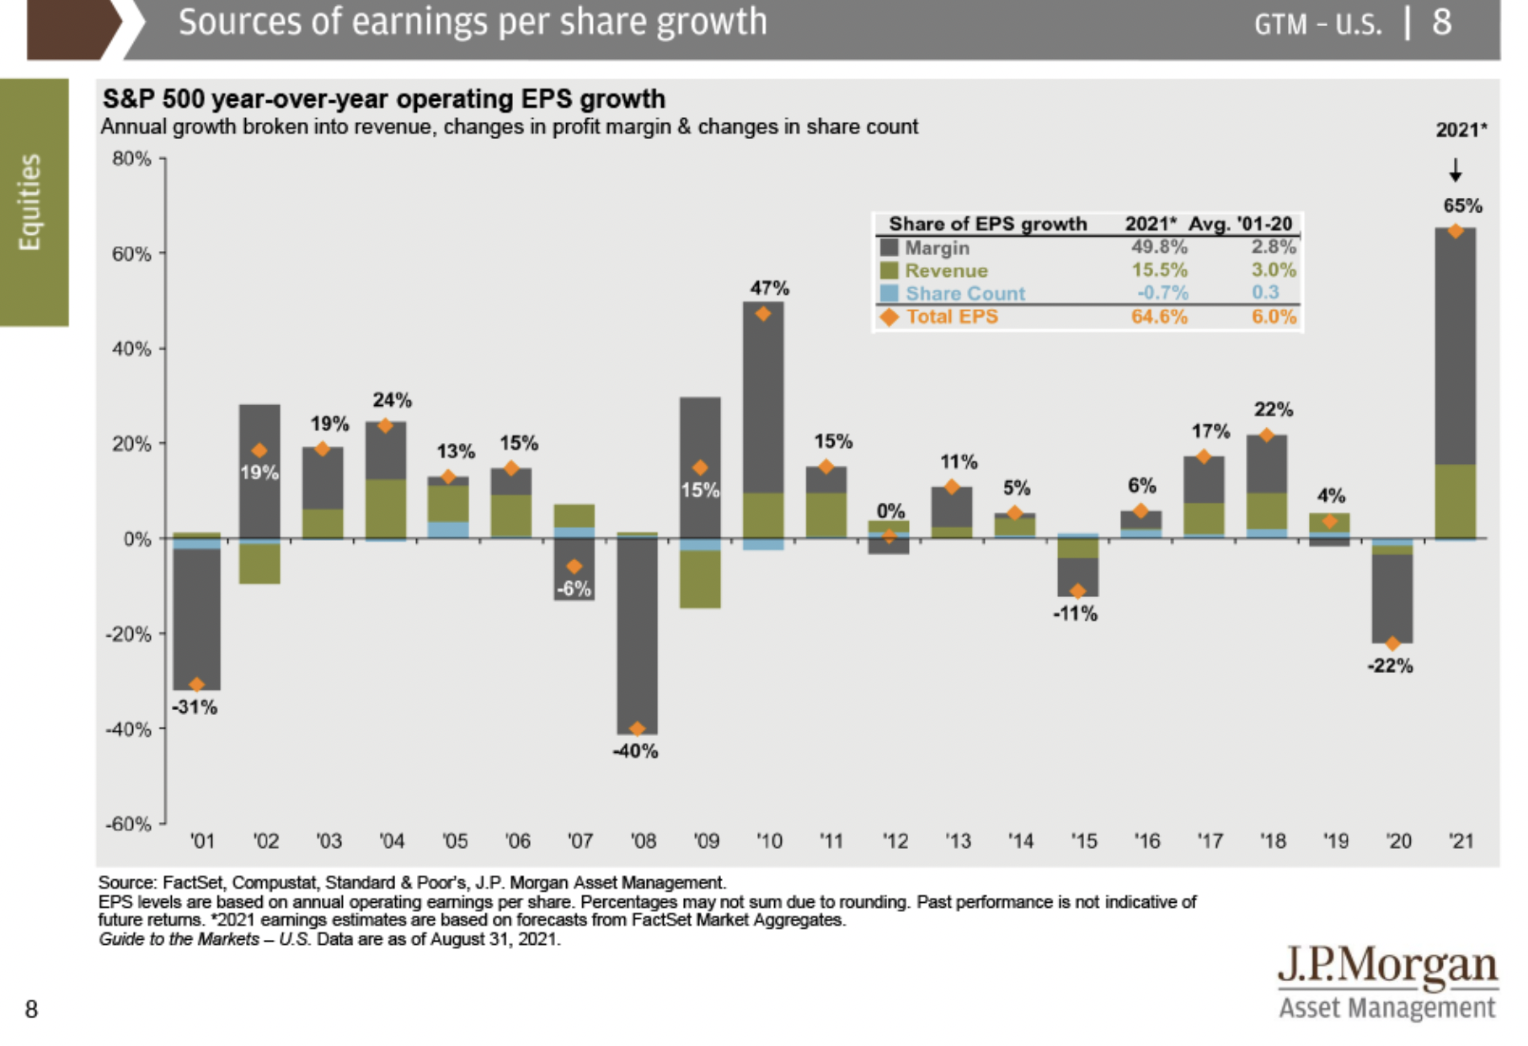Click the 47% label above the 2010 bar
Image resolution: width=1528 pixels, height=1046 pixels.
(770, 288)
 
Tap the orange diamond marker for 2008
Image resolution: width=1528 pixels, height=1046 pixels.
(638, 728)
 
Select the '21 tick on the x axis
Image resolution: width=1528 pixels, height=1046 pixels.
(1461, 841)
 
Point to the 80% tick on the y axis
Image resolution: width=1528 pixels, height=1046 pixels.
(132, 158)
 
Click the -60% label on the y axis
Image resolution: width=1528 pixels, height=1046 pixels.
(129, 824)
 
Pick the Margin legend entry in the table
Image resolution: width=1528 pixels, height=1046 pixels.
(937, 248)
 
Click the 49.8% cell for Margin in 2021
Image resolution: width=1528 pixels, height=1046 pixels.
(1159, 247)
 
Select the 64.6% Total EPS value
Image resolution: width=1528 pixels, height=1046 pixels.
(1159, 317)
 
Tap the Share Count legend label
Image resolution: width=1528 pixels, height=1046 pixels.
(965, 293)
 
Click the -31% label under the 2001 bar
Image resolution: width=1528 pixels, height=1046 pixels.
(195, 707)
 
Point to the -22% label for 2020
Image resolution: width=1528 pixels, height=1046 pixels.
(1390, 665)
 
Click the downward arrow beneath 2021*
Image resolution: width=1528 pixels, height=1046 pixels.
(1456, 172)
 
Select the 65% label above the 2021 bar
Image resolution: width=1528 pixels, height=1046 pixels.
(1462, 205)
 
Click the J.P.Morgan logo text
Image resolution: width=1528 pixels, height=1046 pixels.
(1387, 966)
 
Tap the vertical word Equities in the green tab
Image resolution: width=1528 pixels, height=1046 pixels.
(30, 202)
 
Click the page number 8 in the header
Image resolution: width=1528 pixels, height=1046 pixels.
(1442, 23)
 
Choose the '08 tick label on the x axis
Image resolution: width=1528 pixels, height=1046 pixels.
(644, 841)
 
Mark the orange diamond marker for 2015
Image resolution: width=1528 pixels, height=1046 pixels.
(1078, 591)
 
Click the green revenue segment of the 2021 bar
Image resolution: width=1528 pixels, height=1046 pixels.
(1456, 501)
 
